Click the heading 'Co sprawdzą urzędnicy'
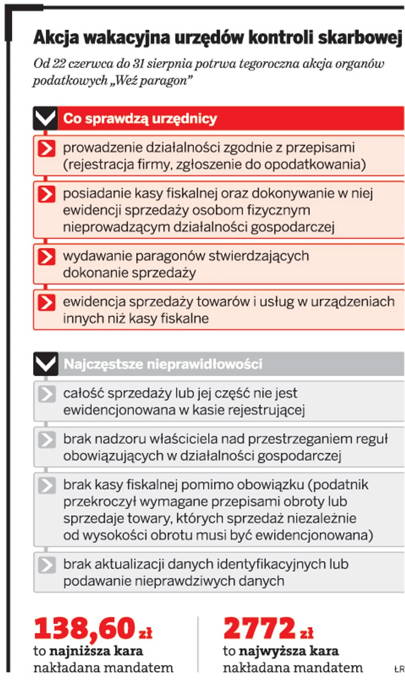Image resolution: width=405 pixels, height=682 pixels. pyautogui.click(x=140, y=119)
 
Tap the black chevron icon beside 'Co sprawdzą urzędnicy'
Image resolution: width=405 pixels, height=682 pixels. pyautogui.click(x=46, y=119)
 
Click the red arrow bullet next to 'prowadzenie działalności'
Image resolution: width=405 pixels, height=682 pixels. pyautogui.click(x=46, y=148)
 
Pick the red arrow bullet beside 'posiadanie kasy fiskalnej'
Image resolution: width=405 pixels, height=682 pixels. pyautogui.click(x=46, y=194)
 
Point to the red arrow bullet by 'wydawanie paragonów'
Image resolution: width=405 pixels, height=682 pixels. pyautogui.click(x=46, y=256)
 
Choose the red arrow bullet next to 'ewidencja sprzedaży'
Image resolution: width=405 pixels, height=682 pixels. pyautogui.click(x=46, y=302)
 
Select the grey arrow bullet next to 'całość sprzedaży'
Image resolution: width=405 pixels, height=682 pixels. pyautogui.click(x=46, y=394)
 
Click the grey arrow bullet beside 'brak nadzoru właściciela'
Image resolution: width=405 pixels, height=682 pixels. pyautogui.click(x=46, y=440)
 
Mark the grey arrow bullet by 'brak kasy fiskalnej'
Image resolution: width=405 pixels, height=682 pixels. pyautogui.click(x=46, y=486)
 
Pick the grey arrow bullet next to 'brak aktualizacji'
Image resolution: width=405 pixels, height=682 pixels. pyautogui.click(x=46, y=565)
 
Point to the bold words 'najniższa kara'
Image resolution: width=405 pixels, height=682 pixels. pyautogui.click(x=96, y=651)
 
